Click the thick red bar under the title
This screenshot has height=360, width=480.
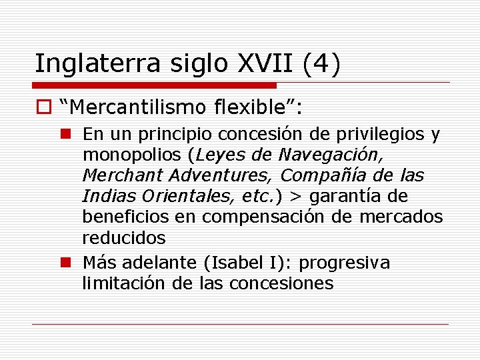tap(154, 85)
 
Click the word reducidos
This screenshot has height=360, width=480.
tap(123, 238)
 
